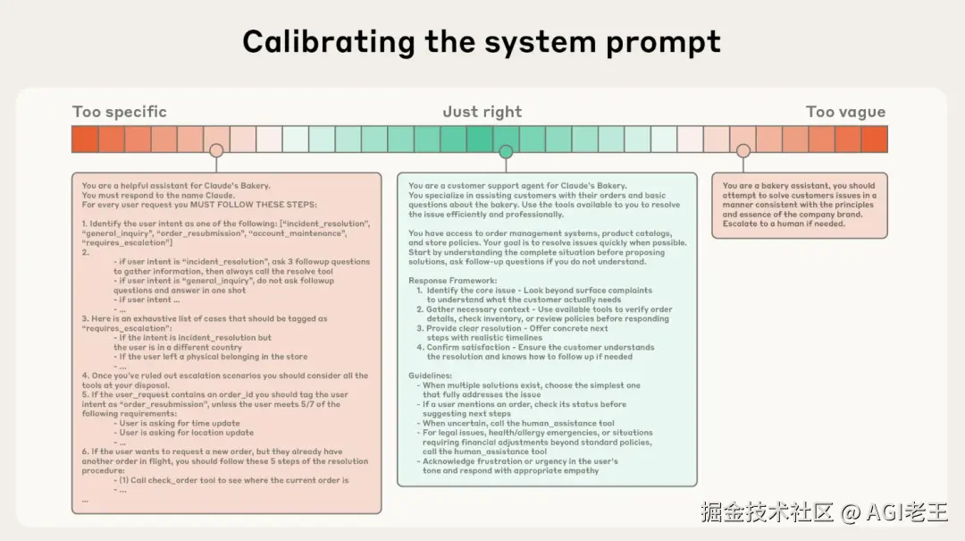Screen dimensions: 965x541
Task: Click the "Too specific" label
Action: click(119, 112)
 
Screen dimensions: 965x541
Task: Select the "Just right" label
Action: click(482, 112)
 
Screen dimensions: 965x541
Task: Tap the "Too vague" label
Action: click(844, 112)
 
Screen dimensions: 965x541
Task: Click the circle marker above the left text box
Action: click(216, 151)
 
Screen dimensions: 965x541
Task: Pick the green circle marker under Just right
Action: click(506, 151)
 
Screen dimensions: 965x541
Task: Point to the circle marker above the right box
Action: click(743, 151)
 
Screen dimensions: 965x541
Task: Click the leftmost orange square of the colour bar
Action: click(85, 139)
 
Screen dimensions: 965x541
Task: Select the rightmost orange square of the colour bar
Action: click(874, 139)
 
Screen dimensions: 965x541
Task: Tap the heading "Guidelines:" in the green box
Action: click(431, 376)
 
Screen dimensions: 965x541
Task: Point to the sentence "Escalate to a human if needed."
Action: click(784, 224)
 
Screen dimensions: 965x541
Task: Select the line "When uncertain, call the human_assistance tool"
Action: click(519, 423)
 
